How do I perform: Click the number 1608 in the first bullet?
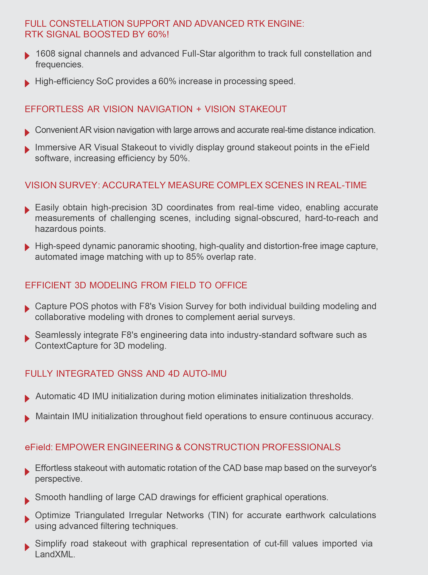[x=45, y=54]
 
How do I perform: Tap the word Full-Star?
[x=199, y=54]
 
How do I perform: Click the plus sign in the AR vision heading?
[x=199, y=109]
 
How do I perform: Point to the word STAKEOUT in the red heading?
[x=263, y=109]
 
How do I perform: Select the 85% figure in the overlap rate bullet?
[x=195, y=257]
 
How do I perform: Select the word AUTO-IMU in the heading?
[x=205, y=374]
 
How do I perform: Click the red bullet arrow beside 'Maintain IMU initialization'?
[x=27, y=419]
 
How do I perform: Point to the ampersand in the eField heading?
[x=178, y=447]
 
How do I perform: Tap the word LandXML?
[x=55, y=554]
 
